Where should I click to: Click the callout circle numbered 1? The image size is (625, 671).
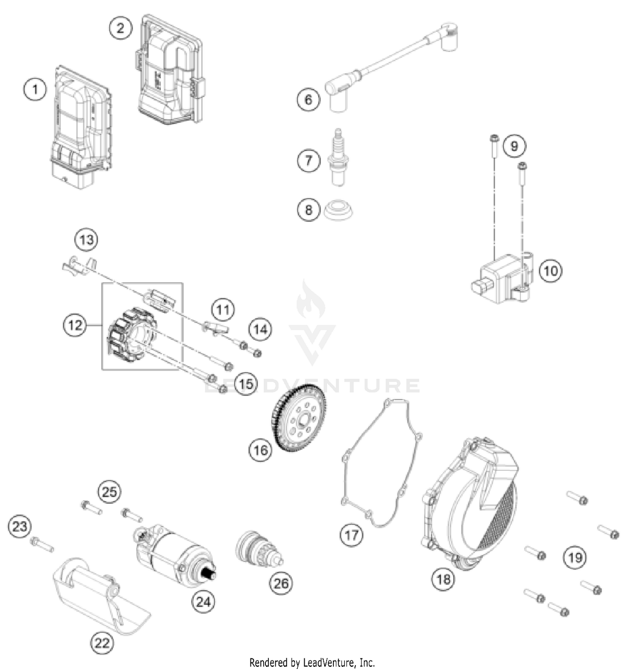coord(35,89)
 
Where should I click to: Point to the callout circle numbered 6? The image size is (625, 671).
coord(308,99)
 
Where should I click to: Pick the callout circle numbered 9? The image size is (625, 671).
coord(514,146)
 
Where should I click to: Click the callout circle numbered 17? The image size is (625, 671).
coord(351,534)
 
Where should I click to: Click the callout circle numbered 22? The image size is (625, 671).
coord(102,643)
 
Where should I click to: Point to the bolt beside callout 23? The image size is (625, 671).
coord(42,544)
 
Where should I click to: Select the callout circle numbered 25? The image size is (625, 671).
coord(109,492)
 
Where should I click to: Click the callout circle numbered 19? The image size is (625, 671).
coord(575,557)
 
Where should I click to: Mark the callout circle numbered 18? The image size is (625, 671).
coord(443,579)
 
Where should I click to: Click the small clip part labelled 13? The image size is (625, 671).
coord(79,266)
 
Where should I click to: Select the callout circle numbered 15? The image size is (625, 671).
coord(246,384)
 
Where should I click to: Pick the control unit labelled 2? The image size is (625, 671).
coord(171,71)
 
